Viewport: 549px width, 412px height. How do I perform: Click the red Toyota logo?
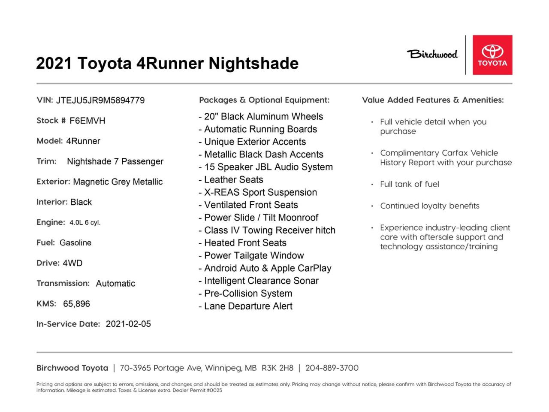point(492,55)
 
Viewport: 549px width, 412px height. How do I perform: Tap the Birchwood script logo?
point(432,54)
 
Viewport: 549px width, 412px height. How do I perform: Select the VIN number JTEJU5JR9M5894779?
point(100,100)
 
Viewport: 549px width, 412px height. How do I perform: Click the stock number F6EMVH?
point(87,121)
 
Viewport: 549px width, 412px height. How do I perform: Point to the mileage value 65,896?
point(76,304)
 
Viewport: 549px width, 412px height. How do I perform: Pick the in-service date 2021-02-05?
point(128,324)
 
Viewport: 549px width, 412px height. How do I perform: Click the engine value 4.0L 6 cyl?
point(85,222)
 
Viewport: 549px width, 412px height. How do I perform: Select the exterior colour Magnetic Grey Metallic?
point(118,182)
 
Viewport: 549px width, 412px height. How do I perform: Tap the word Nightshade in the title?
point(253,63)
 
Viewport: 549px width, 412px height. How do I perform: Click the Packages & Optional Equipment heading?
point(264,100)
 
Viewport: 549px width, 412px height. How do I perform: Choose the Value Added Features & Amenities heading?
point(433,100)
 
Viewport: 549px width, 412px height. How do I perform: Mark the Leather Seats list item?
point(233,180)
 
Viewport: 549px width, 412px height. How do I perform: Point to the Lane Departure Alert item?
point(248,306)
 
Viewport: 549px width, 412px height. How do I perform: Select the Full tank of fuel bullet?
point(410,184)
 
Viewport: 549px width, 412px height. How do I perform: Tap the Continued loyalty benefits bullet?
point(429,206)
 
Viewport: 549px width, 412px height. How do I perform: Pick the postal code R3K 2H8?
point(278,368)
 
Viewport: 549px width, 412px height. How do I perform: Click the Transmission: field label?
point(63,283)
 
